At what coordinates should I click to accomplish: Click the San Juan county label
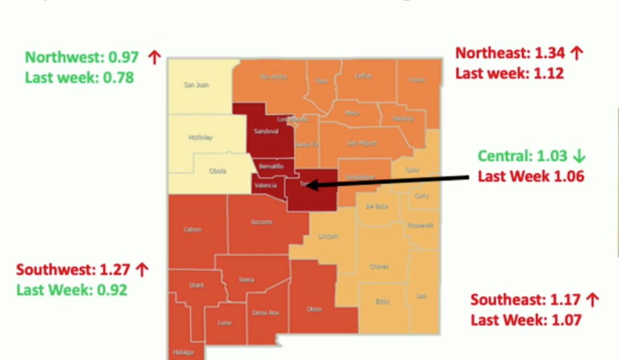point(196,85)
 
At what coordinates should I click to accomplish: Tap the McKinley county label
point(200,138)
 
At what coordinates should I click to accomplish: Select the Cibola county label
point(217,171)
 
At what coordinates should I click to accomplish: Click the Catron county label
point(193,229)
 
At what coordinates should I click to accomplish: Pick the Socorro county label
point(261,222)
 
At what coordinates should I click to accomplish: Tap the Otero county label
point(314,309)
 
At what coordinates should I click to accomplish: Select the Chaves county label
point(379,267)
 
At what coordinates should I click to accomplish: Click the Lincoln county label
point(328,237)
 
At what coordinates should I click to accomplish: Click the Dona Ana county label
point(266,312)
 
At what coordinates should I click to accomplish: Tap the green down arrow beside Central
point(579,156)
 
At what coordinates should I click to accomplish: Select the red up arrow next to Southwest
point(142,269)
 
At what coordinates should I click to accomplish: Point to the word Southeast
point(507,300)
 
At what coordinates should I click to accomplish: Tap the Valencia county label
point(265,185)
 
